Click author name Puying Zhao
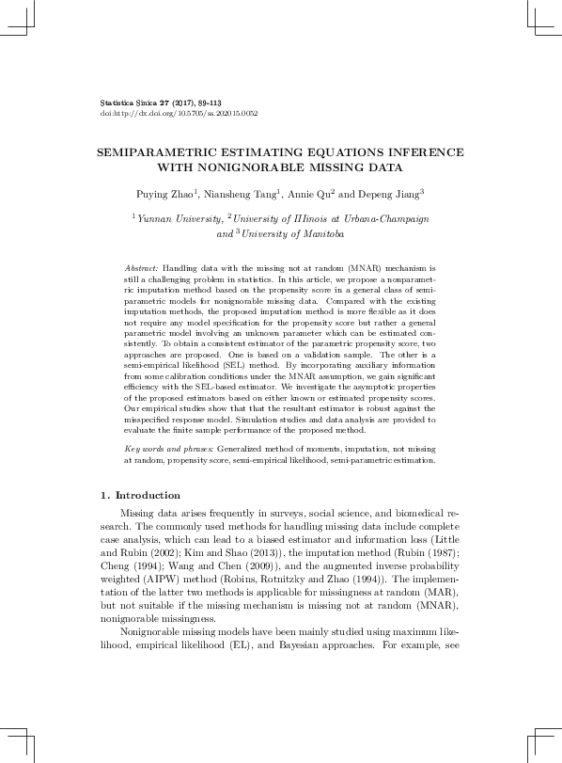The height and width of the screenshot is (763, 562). [x=165, y=195]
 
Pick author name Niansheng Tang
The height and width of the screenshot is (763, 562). [x=241, y=195]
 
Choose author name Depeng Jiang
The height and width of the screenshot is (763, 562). [x=387, y=195]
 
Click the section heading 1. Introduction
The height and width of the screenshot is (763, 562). [x=140, y=496]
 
